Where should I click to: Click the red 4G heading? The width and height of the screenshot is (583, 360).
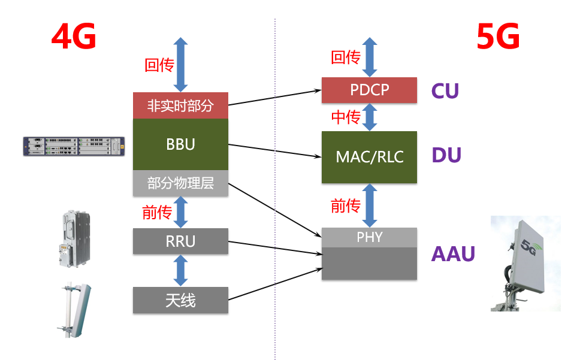pyautogui.click(x=74, y=38)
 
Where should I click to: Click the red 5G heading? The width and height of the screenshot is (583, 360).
pyautogui.click(x=498, y=38)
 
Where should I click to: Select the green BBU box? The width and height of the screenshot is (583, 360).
pyautogui.click(x=180, y=144)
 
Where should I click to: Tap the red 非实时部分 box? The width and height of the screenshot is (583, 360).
pyautogui.click(x=180, y=106)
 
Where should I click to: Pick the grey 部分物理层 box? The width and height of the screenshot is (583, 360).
pyautogui.click(x=180, y=183)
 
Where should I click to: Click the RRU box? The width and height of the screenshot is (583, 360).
pyautogui.click(x=180, y=241)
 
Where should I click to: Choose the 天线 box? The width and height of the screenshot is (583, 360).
pyautogui.click(x=180, y=300)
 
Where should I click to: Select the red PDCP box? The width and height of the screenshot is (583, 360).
pyautogui.click(x=369, y=90)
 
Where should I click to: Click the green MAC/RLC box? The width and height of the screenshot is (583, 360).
pyautogui.click(x=369, y=157)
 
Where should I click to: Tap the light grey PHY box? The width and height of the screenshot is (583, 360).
pyautogui.click(x=369, y=237)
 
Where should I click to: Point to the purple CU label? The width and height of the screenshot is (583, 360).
pyautogui.click(x=445, y=91)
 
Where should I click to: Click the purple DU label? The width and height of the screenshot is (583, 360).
pyautogui.click(x=446, y=156)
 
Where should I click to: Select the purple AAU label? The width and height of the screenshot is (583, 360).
pyautogui.click(x=453, y=254)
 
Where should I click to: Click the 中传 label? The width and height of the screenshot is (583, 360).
pyautogui.click(x=346, y=117)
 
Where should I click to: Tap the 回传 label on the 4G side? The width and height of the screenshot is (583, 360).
pyautogui.click(x=159, y=65)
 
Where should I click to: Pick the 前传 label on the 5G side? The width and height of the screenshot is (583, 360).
pyautogui.click(x=346, y=206)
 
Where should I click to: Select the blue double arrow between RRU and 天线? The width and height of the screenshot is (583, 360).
pyautogui.click(x=180, y=271)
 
